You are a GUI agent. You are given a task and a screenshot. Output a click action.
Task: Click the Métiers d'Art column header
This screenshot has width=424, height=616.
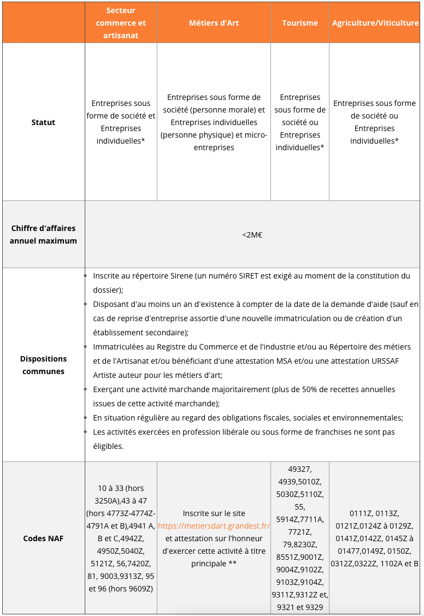click(214, 23)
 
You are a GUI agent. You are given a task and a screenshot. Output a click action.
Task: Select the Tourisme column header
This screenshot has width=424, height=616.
click(300, 23)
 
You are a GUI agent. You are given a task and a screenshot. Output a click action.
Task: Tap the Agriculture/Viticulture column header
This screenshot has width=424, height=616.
click(375, 23)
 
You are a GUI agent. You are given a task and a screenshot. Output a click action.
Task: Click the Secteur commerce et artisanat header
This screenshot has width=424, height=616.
click(121, 23)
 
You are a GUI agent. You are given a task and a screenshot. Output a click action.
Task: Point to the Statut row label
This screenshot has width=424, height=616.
click(43, 122)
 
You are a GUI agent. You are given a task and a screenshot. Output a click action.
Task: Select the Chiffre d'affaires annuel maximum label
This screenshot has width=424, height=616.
click(43, 234)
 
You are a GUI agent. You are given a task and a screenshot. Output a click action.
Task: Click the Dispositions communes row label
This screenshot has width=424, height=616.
click(43, 365)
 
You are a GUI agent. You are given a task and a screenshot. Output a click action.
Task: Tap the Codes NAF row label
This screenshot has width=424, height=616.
click(43, 538)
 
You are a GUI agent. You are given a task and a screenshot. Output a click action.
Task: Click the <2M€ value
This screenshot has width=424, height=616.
click(252, 235)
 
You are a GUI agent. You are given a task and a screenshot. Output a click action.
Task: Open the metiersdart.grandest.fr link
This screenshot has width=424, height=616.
click(214, 526)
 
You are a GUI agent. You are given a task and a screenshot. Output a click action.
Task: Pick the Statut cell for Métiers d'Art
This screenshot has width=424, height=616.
click(214, 122)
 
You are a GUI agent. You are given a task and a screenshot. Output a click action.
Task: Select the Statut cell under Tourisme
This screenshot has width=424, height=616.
click(300, 122)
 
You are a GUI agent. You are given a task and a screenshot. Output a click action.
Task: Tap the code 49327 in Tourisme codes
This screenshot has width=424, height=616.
click(300, 469)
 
